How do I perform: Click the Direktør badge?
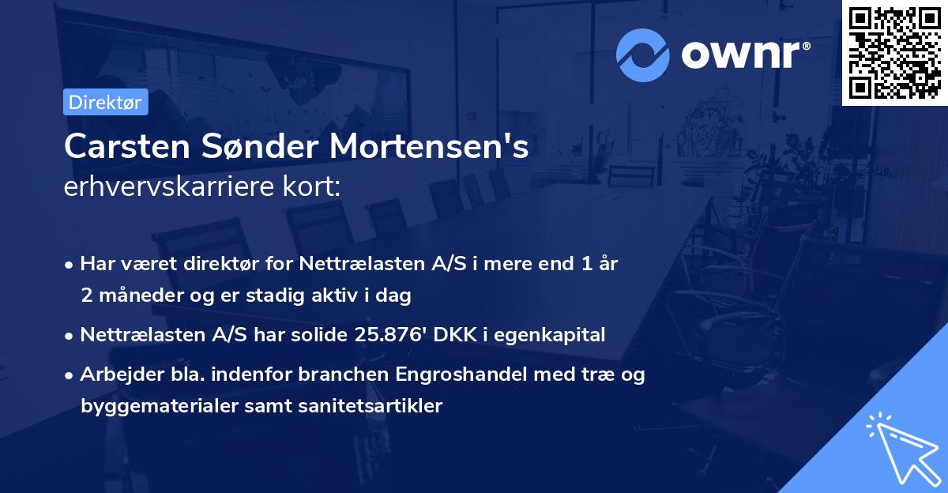tap(105, 102)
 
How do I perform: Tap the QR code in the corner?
tap(894, 52)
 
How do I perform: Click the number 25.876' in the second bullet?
tap(384, 335)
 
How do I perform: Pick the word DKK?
tap(449, 335)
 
